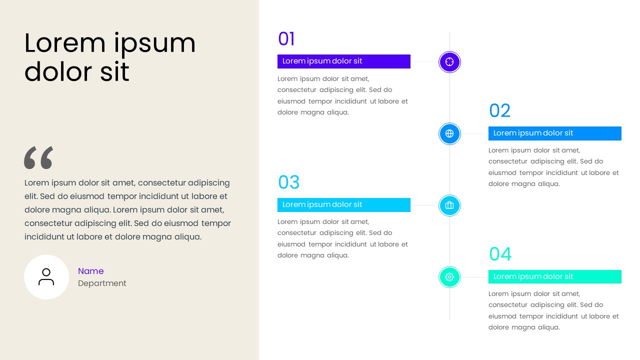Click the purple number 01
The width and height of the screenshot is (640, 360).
click(286, 39)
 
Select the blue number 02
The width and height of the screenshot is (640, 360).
click(499, 110)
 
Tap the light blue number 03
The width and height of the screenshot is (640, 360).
click(288, 182)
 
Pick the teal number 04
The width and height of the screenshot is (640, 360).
click(500, 254)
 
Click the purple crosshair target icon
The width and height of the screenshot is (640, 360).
click(449, 62)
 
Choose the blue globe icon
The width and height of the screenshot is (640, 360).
click(449, 133)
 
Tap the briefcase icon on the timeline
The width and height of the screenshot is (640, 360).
click(449, 205)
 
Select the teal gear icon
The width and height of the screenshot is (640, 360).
click(449, 277)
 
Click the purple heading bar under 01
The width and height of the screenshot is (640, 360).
click(343, 61)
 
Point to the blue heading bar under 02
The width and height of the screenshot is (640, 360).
click(554, 133)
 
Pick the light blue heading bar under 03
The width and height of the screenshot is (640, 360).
click(343, 205)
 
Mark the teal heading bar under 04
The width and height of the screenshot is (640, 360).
click(554, 277)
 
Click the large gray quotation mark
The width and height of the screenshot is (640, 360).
click(38, 157)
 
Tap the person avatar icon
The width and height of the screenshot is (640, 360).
click(46, 277)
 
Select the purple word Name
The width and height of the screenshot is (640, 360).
click(90, 271)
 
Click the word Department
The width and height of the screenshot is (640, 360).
click(102, 283)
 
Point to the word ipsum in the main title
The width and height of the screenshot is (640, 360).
click(154, 43)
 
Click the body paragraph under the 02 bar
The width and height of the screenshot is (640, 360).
click(553, 167)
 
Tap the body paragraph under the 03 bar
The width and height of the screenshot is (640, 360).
click(342, 238)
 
